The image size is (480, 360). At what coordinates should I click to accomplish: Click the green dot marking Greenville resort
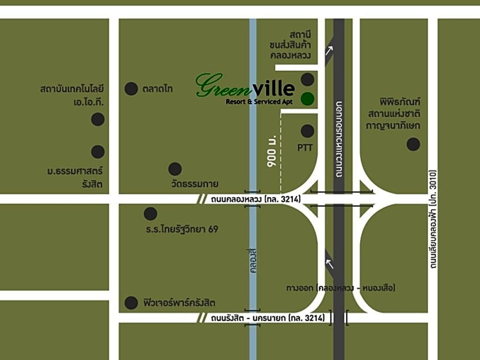[307, 99]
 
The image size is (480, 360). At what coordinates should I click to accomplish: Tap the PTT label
[305, 148]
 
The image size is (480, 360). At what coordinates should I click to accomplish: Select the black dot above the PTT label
[307, 131]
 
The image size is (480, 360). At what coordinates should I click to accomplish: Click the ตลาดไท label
[158, 89]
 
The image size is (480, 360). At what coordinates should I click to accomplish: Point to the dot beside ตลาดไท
[131, 89]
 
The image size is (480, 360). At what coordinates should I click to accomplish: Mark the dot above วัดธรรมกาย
[175, 169]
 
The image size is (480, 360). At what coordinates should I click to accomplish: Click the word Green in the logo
[222, 85]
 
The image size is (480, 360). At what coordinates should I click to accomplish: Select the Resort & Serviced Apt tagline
[260, 102]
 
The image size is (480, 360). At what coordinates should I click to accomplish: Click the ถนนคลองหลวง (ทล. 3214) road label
[256, 199]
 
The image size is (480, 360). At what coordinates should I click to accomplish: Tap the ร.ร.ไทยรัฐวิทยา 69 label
[181, 229]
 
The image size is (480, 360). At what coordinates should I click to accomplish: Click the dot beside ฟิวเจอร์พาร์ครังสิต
[131, 303]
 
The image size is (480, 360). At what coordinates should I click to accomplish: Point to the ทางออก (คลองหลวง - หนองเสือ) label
[341, 288]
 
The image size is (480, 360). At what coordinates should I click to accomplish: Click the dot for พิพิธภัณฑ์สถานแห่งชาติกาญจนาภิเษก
[413, 144]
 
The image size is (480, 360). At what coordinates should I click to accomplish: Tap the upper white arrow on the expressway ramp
[329, 50]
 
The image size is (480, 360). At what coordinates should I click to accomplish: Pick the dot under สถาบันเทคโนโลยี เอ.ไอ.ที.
[98, 119]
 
